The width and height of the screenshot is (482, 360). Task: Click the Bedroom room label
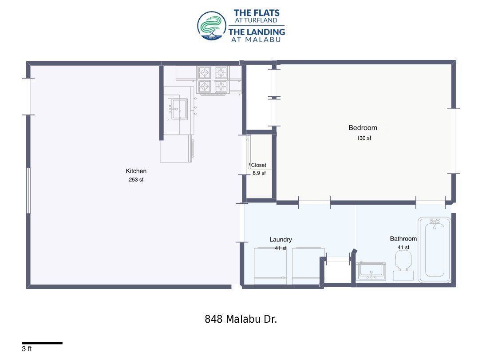point(363,128)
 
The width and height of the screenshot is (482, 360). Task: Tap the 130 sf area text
point(363,138)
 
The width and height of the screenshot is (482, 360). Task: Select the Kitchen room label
point(136,171)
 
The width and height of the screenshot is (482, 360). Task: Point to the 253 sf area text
point(136,179)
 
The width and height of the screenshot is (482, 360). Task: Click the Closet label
point(258,165)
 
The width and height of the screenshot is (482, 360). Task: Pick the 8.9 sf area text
point(259,173)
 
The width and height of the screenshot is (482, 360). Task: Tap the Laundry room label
point(281,240)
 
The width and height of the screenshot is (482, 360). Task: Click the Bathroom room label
point(403,238)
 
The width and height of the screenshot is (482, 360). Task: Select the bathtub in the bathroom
point(435,249)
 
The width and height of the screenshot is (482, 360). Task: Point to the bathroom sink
point(371,271)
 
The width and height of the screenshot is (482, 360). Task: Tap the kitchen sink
point(178,109)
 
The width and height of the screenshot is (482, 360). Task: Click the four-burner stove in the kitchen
point(213,79)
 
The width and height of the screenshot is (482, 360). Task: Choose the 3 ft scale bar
point(42,343)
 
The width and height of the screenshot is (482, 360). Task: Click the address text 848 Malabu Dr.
point(241,319)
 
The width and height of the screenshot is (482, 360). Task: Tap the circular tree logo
point(212,26)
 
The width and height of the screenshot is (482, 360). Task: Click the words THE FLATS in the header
point(257,13)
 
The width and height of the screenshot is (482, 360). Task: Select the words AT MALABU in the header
point(256,40)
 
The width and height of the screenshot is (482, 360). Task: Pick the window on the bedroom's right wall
point(453,141)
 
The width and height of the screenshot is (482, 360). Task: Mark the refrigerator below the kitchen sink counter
point(176,149)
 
